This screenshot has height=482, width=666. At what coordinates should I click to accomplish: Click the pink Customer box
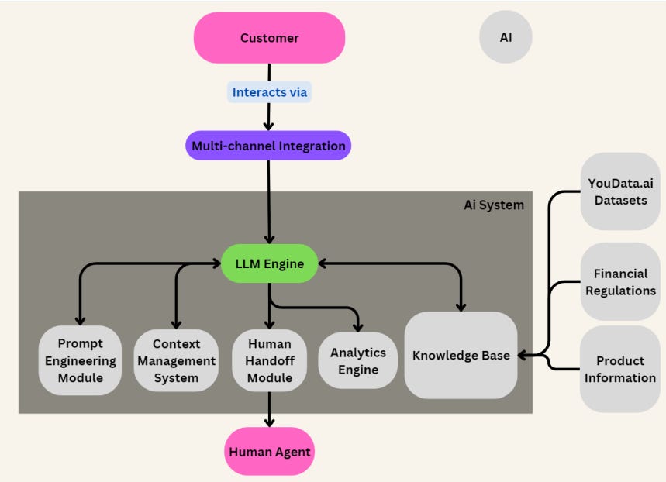pyautogui.click(x=269, y=38)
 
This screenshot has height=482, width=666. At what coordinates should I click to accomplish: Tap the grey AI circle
pyautogui.click(x=506, y=36)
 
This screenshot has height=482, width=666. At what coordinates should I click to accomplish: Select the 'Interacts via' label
pyautogui.click(x=270, y=92)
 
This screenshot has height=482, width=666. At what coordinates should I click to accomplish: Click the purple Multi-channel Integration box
pyautogui.click(x=267, y=146)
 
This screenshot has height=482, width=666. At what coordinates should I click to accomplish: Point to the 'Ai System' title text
pyautogui.click(x=494, y=205)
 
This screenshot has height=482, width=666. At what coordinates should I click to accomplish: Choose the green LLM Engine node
pyautogui.click(x=270, y=264)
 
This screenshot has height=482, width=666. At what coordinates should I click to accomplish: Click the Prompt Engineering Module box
pyautogui.click(x=80, y=360)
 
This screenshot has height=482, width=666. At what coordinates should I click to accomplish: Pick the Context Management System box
pyautogui.click(x=176, y=360)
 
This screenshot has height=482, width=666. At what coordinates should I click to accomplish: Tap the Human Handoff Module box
pyautogui.click(x=269, y=360)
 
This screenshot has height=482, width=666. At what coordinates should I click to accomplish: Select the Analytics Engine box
pyautogui.click(x=358, y=360)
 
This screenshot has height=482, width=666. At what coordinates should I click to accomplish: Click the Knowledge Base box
pyautogui.click(x=461, y=356)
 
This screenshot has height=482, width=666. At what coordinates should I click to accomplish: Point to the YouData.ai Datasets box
pyautogui.click(x=619, y=191)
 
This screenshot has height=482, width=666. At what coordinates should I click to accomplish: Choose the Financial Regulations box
pyautogui.click(x=619, y=282)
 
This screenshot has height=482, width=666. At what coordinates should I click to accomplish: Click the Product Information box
pyautogui.click(x=619, y=369)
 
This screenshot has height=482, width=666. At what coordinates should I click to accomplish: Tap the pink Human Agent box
pyautogui.click(x=269, y=452)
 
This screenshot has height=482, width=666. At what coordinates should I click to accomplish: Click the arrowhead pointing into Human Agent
pyautogui.click(x=269, y=422)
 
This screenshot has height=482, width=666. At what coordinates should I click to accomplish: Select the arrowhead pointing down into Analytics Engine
pyautogui.click(x=357, y=326)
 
